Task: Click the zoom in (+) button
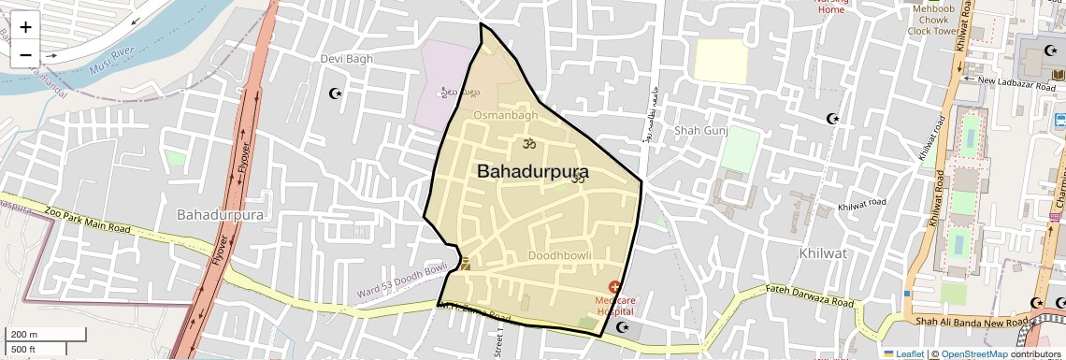coord(25,27)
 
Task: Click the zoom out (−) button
coord(25,54)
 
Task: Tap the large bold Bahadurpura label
coord(533,171)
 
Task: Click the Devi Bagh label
coord(347,59)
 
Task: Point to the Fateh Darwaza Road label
coord(811,297)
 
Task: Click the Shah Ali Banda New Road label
coord(972,322)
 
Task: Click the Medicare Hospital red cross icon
coord(615,286)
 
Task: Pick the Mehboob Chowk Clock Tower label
coord(935,20)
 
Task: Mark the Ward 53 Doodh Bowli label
coord(403,282)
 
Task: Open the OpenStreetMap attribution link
coord(973,354)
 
